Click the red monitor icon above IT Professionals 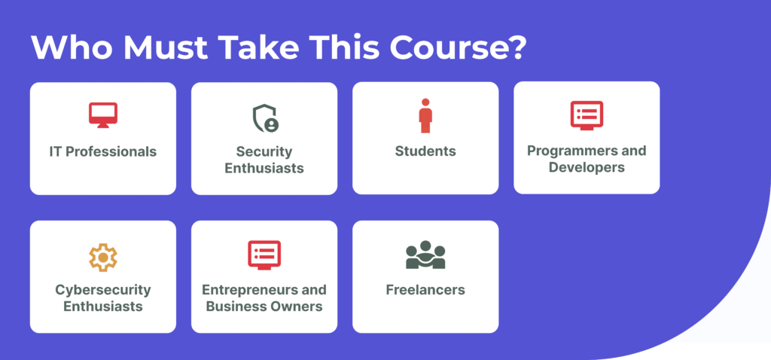[x=102, y=115]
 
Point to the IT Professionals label [x=102, y=151]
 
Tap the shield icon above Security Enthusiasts [x=265, y=118]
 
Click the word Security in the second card [x=264, y=151]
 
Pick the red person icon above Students [x=425, y=115]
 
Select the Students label [x=425, y=151]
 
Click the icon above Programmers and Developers [x=587, y=115]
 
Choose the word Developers [x=587, y=167]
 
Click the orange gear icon [x=102, y=258]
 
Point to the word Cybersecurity [x=102, y=290]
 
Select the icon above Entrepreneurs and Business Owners [x=264, y=255]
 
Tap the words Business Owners [x=264, y=307]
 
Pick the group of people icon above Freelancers [x=425, y=255]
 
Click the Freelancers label [x=425, y=290]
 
